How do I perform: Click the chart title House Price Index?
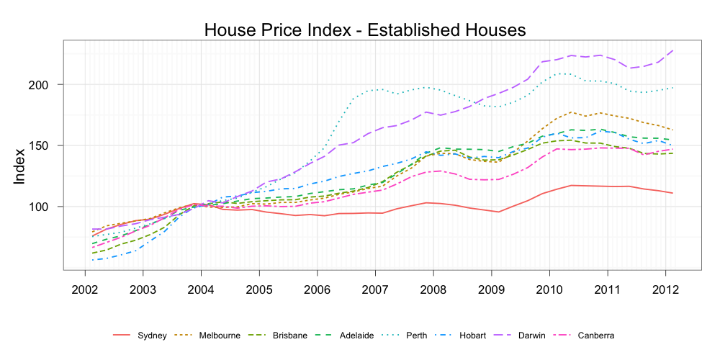(365, 30)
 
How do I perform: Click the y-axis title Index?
(19, 166)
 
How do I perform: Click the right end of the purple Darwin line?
(673, 50)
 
